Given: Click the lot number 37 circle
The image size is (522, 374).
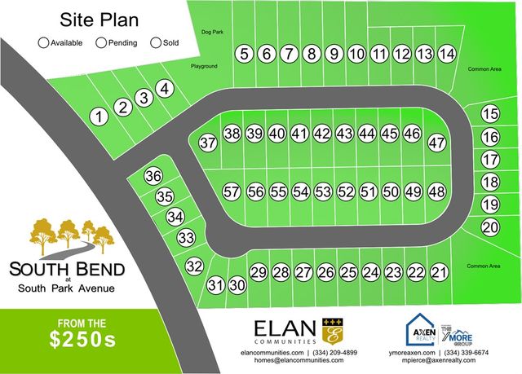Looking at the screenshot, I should coord(208,143).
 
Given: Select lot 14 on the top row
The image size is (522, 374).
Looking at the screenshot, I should coord(446,54).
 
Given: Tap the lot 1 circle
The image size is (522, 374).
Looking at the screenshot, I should coord(100,117).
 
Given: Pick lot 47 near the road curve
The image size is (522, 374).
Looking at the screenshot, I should coord(438,142).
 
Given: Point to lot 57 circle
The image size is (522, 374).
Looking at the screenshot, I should coord(232,191).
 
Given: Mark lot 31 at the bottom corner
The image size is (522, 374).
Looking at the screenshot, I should coord(215,285).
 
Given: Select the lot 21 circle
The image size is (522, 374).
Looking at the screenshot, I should coord(439,271).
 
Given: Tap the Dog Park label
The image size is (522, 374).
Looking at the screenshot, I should coord(211,33).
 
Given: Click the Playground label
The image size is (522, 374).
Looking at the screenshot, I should coord(204,65).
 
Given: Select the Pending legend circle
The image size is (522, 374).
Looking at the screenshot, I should coord(101,42).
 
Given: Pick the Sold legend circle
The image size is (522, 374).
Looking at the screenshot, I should coord(157,42).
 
